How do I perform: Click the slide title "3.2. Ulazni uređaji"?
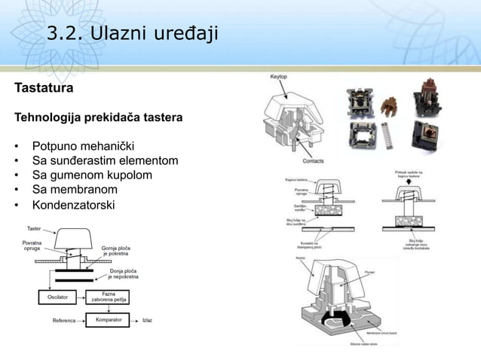tap(132, 32)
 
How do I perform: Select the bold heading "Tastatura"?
tap(44, 89)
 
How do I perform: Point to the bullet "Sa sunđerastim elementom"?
tap(105, 160)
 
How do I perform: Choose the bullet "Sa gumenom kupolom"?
tap(91, 175)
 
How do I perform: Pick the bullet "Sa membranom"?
tap(74, 189)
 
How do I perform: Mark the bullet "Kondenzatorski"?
tap(73, 204)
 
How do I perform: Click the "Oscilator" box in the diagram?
tap(57, 297)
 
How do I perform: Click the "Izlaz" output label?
tap(147, 320)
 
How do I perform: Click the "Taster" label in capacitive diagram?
tap(34, 228)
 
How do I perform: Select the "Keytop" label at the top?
tap(278, 77)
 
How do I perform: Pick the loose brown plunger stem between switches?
tap(389, 105)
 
